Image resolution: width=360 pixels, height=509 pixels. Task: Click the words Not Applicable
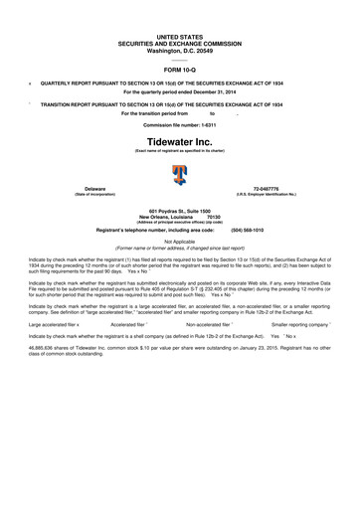pyautogui.click(x=179, y=239)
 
